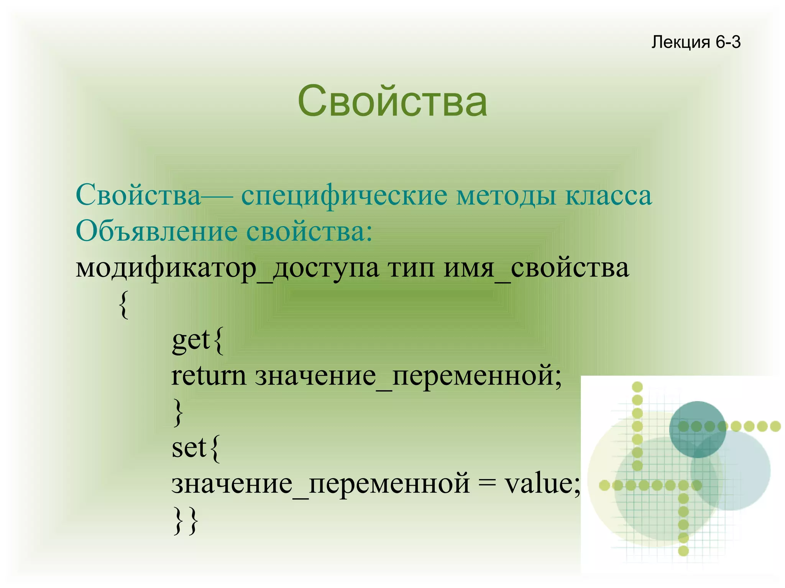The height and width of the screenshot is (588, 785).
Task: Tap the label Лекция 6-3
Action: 696,42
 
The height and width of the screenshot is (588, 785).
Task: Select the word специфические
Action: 344,196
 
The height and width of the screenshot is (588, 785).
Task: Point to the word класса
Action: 608,196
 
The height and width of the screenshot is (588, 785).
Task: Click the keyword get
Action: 191,340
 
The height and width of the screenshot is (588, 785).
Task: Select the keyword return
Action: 209,376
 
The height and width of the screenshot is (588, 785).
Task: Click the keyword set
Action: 189,447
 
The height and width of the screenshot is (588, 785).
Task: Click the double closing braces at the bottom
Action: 186,521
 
